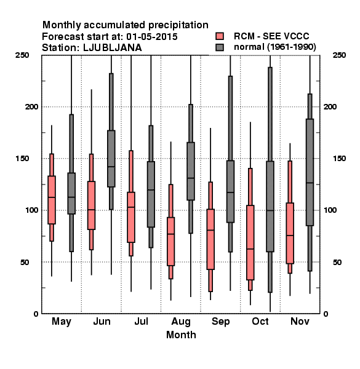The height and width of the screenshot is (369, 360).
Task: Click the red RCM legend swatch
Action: (220, 36)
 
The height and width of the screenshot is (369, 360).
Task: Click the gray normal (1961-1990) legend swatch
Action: (220, 47)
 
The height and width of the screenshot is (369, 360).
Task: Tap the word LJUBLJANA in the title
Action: (113, 48)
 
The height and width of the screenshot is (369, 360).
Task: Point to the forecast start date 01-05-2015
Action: (152, 37)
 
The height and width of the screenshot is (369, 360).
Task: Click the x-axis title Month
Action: (181, 335)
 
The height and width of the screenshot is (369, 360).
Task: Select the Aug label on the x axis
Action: (181, 322)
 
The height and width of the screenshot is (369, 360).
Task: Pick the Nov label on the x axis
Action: (300, 321)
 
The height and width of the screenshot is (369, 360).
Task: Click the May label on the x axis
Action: (62, 322)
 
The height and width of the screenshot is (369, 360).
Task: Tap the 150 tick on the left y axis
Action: (22, 159)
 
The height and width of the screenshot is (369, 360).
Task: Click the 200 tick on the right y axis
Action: (330, 106)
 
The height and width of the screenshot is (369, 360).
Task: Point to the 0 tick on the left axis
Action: (36, 314)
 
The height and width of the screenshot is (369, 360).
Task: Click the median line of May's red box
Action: (52, 197)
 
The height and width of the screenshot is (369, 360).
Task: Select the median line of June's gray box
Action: (111, 167)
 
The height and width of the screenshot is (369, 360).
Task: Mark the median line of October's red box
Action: (250, 248)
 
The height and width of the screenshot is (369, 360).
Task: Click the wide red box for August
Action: (170, 242)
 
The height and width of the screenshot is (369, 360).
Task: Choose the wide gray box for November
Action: (310, 172)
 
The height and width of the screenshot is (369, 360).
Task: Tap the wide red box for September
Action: (210, 239)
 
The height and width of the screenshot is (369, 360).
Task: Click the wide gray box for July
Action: (151, 194)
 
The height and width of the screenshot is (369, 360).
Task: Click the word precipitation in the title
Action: (175, 25)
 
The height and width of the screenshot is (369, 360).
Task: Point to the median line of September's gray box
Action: (230, 192)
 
